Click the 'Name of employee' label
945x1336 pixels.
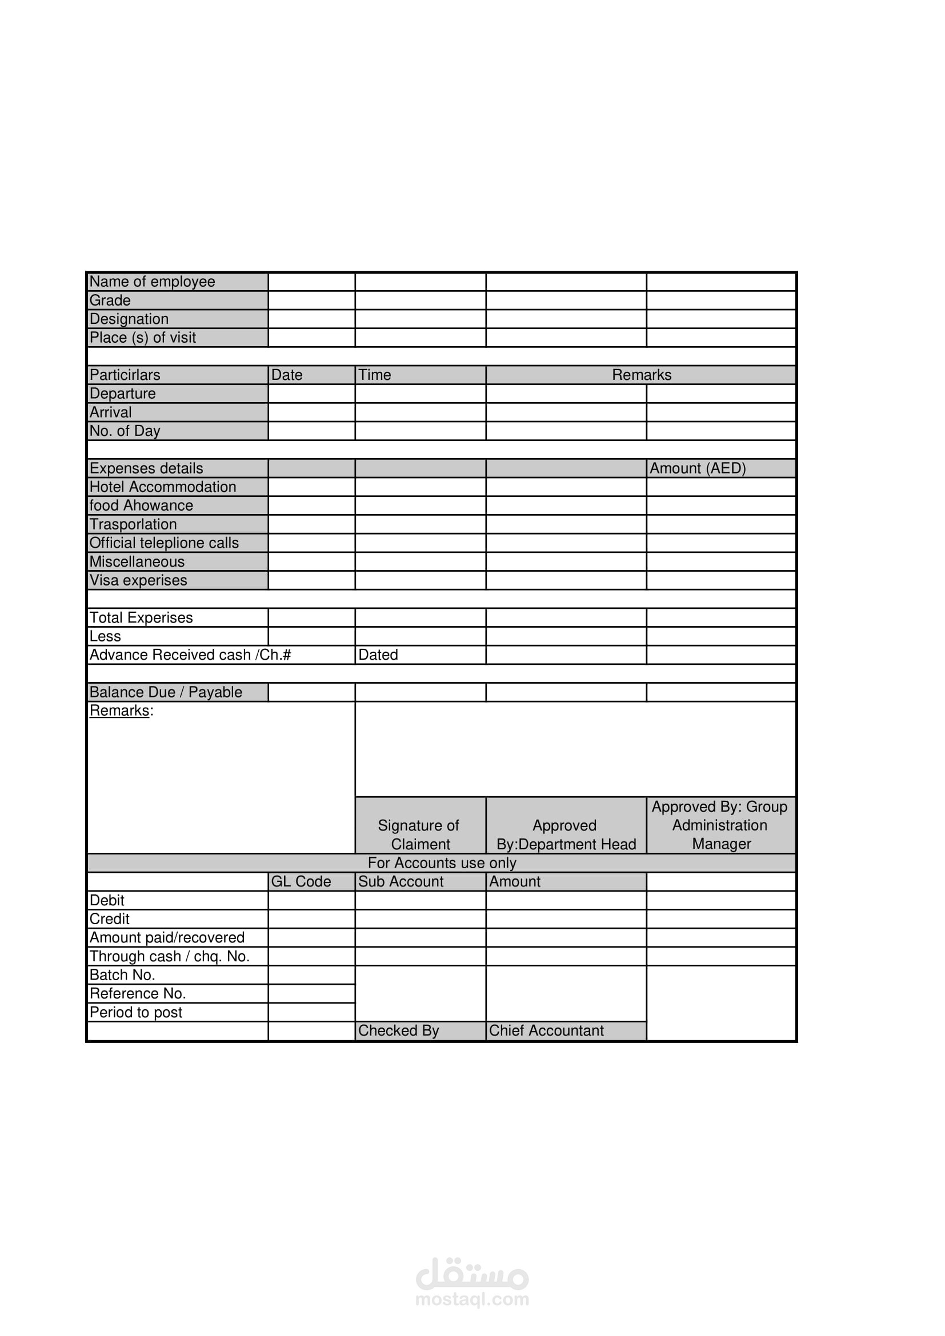[x=153, y=282]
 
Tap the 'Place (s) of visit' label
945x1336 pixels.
[x=143, y=338]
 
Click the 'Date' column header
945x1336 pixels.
[x=287, y=375]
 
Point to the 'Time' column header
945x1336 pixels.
[x=375, y=375]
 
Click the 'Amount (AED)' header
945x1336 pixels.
[x=698, y=468]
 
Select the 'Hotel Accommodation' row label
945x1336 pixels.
[x=163, y=487]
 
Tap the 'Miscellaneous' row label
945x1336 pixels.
[x=137, y=561]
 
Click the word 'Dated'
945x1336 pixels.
[x=378, y=655]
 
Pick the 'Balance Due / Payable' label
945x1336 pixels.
[x=166, y=692]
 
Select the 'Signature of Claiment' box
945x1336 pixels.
[x=419, y=835]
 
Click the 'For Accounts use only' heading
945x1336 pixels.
[x=442, y=863]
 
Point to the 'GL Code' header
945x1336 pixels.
[x=301, y=881]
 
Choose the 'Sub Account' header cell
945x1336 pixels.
[x=401, y=881]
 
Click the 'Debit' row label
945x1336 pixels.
[x=107, y=900]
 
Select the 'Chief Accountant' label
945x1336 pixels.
[x=546, y=1030]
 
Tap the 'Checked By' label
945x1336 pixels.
[x=399, y=1030]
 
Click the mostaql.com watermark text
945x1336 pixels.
[x=472, y=1299]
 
